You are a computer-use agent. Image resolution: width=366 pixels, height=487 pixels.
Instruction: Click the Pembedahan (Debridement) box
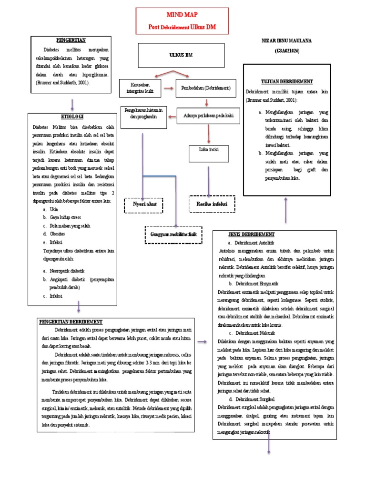(x=206, y=88)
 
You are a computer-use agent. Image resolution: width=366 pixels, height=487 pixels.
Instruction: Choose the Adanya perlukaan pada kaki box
(x=208, y=116)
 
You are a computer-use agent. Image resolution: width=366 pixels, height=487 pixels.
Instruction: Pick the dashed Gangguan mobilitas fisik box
(x=173, y=234)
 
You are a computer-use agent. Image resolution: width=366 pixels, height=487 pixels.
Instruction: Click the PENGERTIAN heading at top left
(x=71, y=40)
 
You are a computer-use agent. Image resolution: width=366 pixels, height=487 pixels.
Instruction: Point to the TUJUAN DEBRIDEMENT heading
(x=286, y=82)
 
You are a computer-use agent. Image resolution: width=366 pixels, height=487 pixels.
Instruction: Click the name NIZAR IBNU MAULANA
(x=286, y=41)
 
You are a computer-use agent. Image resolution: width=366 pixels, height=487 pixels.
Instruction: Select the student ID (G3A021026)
(x=286, y=50)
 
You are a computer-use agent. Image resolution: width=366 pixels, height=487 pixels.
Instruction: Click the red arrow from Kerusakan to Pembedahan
(x=168, y=88)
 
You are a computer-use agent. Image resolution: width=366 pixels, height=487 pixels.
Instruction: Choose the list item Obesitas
(x=58, y=234)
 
